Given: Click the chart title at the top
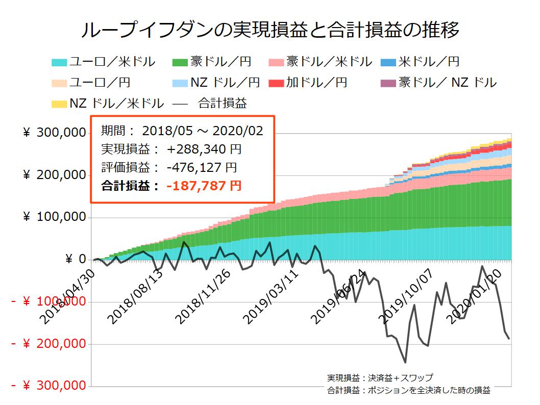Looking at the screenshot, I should (270, 30).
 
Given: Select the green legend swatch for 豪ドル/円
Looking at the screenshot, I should (180, 63).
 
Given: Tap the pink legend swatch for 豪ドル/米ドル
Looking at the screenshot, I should (276, 63).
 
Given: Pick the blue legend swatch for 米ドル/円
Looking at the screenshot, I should (388, 63).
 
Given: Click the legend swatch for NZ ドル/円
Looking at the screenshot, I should (180, 83).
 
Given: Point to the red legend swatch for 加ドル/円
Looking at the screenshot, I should (276, 83).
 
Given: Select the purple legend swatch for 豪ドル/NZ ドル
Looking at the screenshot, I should (388, 83).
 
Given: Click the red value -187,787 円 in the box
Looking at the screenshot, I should (204, 186).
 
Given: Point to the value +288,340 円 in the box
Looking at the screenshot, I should (204, 149).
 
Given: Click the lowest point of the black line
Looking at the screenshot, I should (405, 362).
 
